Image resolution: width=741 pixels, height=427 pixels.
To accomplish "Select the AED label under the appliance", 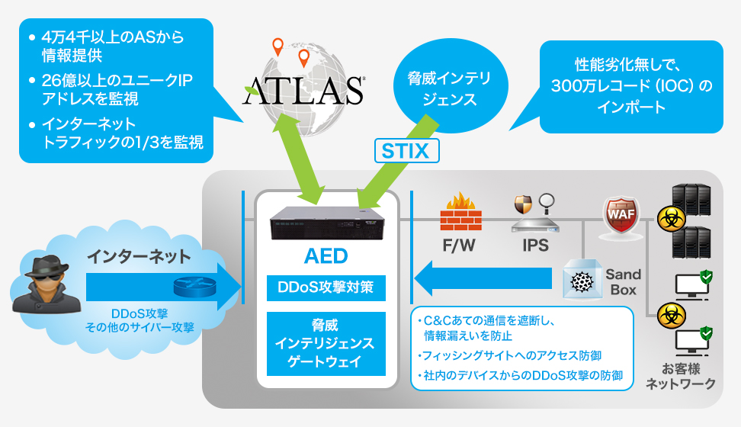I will (326, 255).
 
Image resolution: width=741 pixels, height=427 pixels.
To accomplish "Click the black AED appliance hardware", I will (326, 220).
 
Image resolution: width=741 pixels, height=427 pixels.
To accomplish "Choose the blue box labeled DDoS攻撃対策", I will (326, 289).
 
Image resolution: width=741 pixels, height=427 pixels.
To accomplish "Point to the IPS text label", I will (535, 247).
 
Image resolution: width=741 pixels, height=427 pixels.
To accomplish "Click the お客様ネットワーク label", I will (680, 377).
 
